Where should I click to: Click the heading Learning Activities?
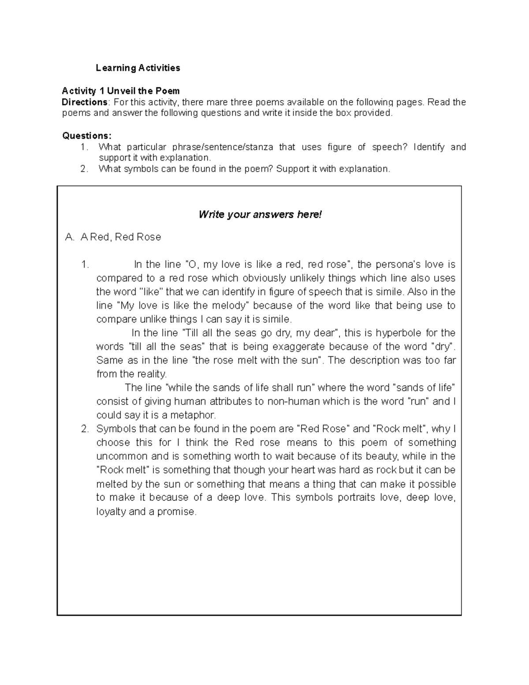138,68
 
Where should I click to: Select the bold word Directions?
85,102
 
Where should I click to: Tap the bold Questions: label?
87,135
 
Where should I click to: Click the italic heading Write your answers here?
260,214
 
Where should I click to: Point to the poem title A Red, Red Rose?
120,237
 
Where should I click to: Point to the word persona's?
398,264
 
